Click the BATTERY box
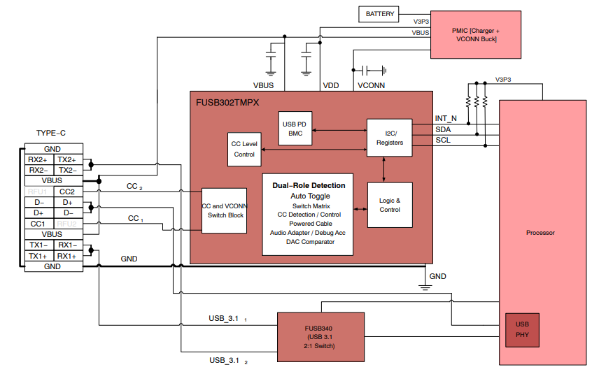[380, 13]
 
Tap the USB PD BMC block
[294, 129]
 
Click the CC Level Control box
[244, 149]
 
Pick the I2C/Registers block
[389, 137]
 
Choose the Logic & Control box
[389, 205]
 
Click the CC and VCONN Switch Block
[225, 210]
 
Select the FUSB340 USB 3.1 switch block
[321, 336]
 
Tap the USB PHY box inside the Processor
[522, 329]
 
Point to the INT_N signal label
[446, 119]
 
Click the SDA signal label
[443, 129]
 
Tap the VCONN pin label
[370, 85]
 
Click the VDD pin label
[330, 85]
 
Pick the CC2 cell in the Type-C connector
[67, 192]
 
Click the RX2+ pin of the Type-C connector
[38, 159]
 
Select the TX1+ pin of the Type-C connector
[38, 256]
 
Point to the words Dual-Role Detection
[309, 185]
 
